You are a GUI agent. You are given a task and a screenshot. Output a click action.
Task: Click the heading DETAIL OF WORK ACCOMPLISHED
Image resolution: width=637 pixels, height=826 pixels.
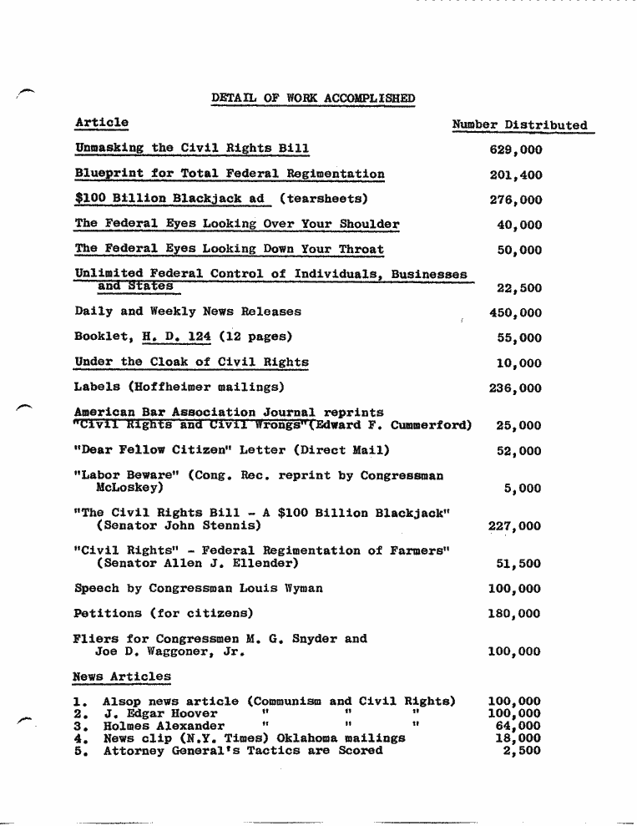point(313,99)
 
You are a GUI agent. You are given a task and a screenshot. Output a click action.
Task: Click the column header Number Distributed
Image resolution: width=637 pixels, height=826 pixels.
point(519,125)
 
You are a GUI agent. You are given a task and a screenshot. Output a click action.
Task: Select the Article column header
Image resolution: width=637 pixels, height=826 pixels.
point(101,123)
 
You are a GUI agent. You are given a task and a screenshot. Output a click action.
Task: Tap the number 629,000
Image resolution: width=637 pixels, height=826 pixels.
point(515,150)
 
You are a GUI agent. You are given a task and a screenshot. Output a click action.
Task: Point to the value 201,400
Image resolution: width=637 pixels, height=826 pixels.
point(515,175)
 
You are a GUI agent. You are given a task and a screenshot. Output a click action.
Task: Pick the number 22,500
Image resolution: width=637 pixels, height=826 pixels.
point(518,288)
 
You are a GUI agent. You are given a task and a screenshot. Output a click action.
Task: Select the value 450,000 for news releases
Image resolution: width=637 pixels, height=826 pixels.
point(515,313)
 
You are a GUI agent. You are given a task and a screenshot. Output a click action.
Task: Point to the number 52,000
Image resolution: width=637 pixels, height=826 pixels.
point(518,451)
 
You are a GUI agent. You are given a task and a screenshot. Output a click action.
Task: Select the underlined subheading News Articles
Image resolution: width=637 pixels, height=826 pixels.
point(122,676)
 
